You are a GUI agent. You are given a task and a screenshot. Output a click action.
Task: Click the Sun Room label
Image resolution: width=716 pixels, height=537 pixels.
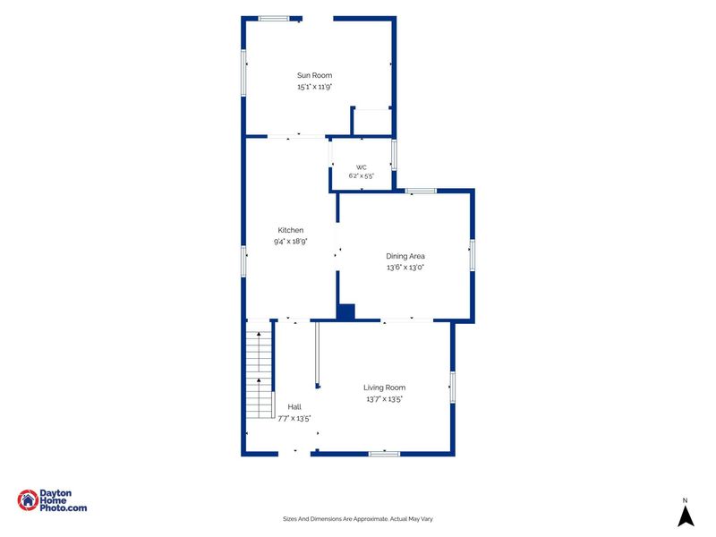pyautogui.click(x=315, y=75)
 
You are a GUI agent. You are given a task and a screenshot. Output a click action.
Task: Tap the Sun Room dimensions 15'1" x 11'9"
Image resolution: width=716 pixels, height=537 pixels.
pyautogui.click(x=315, y=87)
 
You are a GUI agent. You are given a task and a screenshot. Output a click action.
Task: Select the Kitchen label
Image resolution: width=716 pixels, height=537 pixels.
pyautogui.click(x=290, y=230)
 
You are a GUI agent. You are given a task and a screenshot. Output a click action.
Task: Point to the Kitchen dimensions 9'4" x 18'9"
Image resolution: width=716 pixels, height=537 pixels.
pyautogui.click(x=290, y=242)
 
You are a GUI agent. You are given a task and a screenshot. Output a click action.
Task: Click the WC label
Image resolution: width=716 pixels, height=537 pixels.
pyautogui.click(x=362, y=167)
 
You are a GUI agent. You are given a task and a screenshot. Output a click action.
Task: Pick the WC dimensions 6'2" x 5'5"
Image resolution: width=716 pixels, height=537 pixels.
pyautogui.click(x=362, y=175)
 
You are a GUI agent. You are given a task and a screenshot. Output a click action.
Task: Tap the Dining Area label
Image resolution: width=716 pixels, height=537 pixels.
pyautogui.click(x=405, y=256)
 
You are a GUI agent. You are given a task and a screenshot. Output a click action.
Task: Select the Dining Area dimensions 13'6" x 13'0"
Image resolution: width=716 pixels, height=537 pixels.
pyautogui.click(x=405, y=268)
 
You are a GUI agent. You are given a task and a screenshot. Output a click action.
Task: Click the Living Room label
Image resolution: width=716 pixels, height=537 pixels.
pyautogui.click(x=385, y=388)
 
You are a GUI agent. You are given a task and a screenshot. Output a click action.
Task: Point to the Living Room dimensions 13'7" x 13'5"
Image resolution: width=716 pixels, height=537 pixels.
pyautogui.click(x=385, y=399)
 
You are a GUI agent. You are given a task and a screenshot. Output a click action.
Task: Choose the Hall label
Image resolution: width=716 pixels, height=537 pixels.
pyautogui.click(x=294, y=407)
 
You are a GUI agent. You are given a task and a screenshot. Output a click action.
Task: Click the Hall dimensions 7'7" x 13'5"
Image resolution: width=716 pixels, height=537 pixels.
pyautogui.click(x=294, y=418)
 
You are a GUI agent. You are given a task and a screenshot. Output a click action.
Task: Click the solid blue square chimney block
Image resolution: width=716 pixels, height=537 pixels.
pyautogui.click(x=345, y=311)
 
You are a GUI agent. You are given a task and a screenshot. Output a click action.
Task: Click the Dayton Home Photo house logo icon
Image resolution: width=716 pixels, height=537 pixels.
pyautogui.click(x=28, y=500)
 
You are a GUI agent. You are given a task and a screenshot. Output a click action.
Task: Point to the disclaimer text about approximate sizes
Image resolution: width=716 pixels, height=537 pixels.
pyautogui.click(x=358, y=519)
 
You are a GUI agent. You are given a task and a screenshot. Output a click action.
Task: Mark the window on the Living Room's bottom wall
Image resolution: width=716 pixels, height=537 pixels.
pyautogui.click(x=385, y=454)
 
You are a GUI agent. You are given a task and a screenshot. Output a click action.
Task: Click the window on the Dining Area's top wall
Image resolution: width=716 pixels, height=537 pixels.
pyautogui.click(x=421, y=191)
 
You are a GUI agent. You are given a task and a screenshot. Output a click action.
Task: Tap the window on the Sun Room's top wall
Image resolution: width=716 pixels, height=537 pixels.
pyautogui.click(x=274, y=19)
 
